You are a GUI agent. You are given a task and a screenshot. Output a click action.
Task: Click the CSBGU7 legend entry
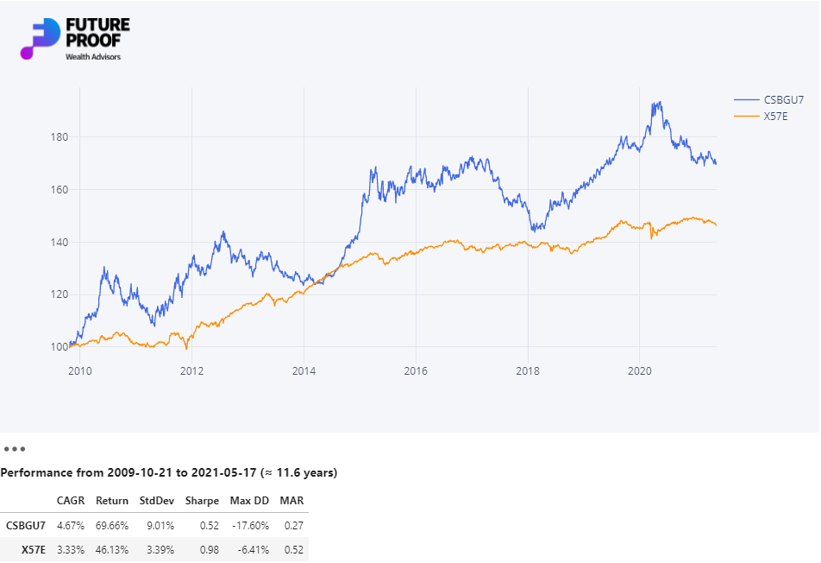[x=783, y=99]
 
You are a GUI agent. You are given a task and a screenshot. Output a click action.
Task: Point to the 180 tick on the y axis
[x=59, y=137]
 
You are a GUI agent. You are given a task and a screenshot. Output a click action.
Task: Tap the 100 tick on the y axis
[x=59, y=347]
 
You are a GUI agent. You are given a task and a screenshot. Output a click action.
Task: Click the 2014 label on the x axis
[x=304, y=372]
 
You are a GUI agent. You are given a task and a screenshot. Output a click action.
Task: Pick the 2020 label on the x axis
[x=639, y=372]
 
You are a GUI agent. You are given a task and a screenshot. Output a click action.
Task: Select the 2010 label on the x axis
[x=79, y=372]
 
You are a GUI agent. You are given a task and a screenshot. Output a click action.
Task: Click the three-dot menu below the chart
[x=15, y=449]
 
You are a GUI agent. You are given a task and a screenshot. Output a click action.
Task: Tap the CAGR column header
[x=71, y=501]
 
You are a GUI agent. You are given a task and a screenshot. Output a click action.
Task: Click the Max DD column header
[x=249, y=501]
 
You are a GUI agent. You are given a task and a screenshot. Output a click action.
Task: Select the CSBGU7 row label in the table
[x=25, y=525]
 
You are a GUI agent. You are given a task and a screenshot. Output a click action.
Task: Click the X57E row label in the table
[x=33, y=549]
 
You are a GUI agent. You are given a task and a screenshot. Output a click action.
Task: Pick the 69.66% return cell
[x=112, y=525]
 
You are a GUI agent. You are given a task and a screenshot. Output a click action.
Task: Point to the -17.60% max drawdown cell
[x=249, y=525]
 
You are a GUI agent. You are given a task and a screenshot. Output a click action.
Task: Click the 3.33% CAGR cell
[x=71, y=549]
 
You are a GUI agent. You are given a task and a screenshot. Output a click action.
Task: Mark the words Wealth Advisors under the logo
[x=93, y=57]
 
